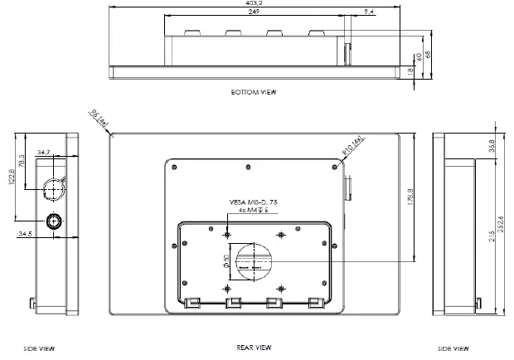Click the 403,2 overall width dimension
[255, 4]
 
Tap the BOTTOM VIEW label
[254, 92]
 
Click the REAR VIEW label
[254, 348]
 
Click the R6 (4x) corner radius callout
[99, 119]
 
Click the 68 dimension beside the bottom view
[429, 56]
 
